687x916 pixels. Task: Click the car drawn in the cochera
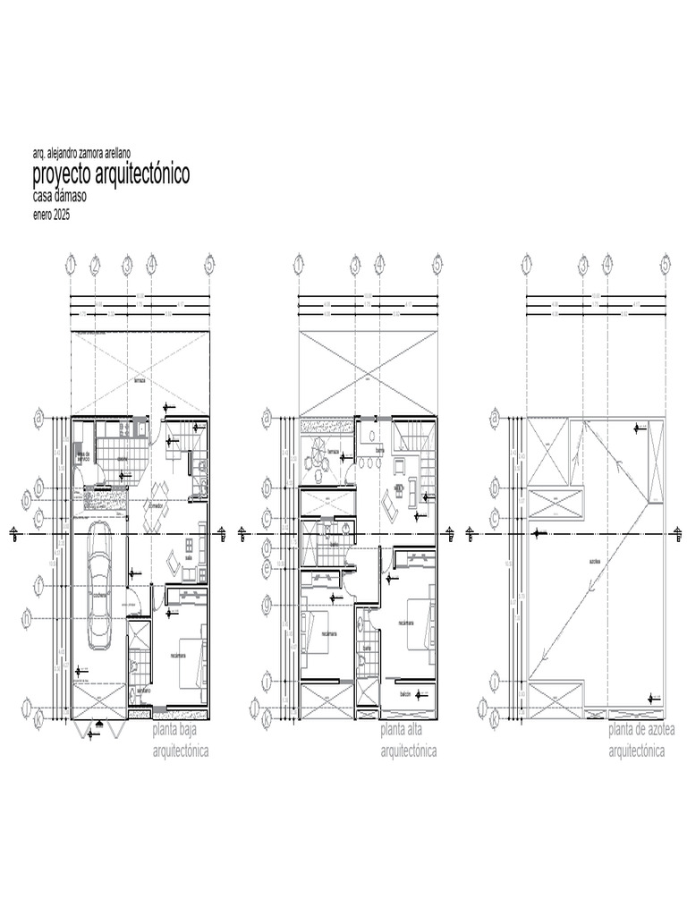(x=100, y=586)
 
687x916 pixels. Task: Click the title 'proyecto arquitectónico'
(x=111, y=174)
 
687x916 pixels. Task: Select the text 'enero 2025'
(x=51, y=216)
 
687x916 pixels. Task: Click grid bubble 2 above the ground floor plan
(x=96, y=264)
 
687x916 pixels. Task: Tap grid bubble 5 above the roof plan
(x=665, y=264)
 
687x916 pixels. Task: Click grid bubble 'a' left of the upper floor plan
(x=267, y=417)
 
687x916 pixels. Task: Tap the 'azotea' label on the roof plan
(x=594, y=560)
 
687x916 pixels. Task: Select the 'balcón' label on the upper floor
(x=405, y=694)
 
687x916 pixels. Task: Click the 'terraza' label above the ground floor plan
(x=139, y=380)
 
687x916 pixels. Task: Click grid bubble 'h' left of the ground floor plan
(x=39, y=617)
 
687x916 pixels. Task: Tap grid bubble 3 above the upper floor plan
(x=355, y=264)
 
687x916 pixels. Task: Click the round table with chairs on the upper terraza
(x=313, y=462)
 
